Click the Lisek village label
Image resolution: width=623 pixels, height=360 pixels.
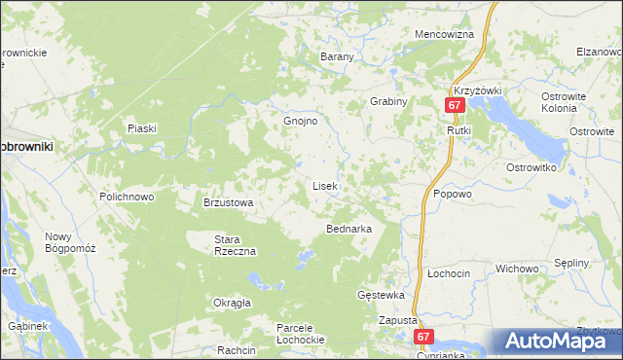pos(324,185)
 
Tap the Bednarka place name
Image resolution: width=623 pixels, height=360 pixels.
pos(348,229)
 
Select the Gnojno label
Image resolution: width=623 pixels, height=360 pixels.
pos(301,122)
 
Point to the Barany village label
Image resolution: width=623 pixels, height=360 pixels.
pos(337,56)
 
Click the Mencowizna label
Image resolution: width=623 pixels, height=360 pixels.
pos(444,34)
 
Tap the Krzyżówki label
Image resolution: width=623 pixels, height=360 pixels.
pos(477,90)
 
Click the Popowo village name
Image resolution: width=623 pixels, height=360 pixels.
pos(453,194)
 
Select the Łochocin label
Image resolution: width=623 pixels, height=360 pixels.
pos(449,274)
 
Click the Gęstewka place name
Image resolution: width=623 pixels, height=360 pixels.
pos(381,295)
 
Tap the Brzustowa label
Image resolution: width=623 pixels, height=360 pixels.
pos(228,202)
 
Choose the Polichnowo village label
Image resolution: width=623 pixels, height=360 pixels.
pos(127,197)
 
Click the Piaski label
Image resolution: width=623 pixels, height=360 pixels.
pos(142,128)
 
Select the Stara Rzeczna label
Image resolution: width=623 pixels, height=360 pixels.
pos(235,244)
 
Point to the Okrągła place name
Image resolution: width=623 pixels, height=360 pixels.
pos(233,303)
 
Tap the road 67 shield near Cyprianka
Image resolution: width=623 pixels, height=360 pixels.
pos(422,336)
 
